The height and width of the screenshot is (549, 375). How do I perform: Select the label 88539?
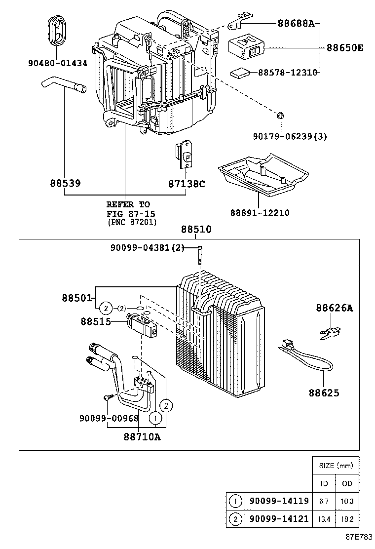click(65, 183)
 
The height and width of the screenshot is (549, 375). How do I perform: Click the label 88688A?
click(296, 23)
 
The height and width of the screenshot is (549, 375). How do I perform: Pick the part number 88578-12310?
click(287, 72)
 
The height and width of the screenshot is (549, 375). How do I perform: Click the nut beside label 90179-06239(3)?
click(280, 116)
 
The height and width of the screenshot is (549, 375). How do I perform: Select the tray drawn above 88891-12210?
click(263, 175)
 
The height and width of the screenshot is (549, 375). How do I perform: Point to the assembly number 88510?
click(195, 229)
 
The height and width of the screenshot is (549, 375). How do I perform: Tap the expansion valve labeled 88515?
click(142, 326)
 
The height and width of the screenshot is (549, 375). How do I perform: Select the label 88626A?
click(334, 308)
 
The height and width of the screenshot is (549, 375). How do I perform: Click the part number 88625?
click(324, 393)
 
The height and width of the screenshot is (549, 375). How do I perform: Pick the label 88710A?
click(142, 436)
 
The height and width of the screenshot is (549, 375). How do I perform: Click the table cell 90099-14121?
click(279, 519)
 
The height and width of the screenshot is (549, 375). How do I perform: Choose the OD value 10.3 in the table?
click(347, 501)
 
